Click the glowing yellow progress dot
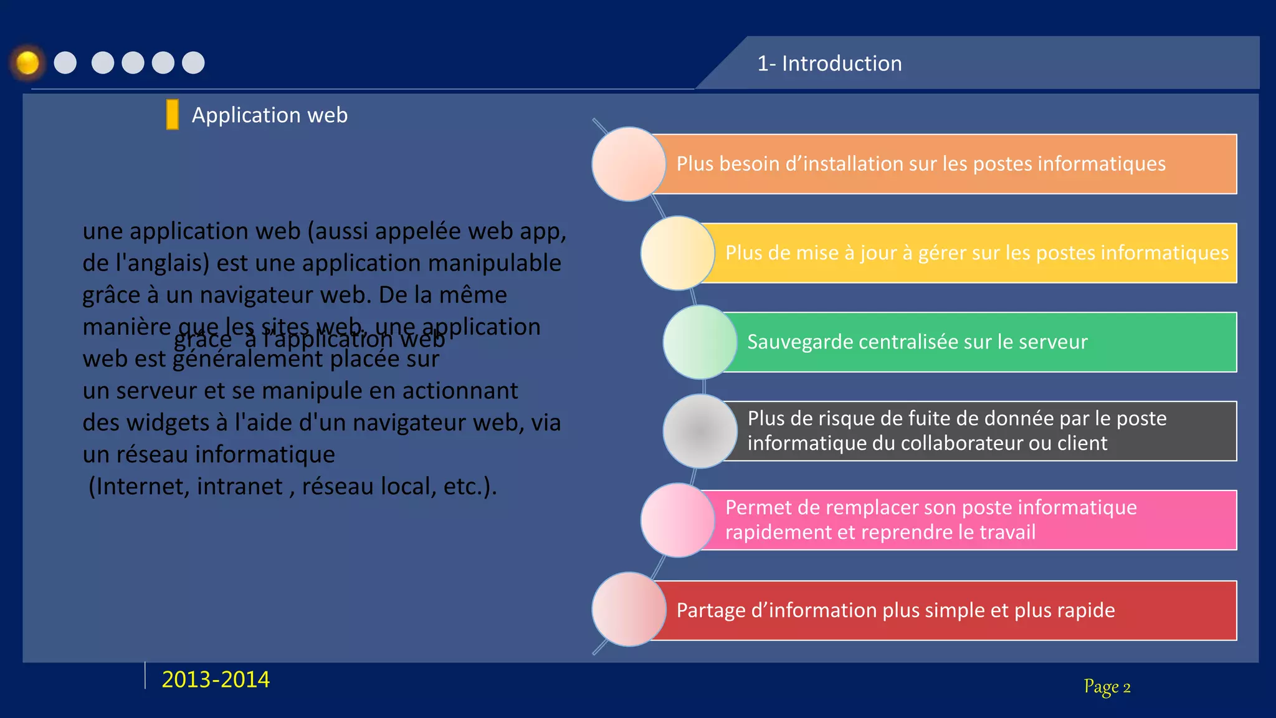coord(27,63)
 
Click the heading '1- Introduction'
coord(829,64)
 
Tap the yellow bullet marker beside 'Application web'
coord(173,115)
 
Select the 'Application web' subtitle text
coord(269,115)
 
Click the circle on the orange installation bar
coord(629,164)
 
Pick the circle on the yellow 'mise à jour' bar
coord(677,253)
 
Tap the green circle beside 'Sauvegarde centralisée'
coord(700,342)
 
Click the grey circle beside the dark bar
coord(700,431)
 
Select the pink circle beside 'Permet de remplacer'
coord(677,520)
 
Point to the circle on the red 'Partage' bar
coord(629,610)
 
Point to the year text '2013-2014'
coord(216,679)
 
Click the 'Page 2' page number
coord(1107,687)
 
